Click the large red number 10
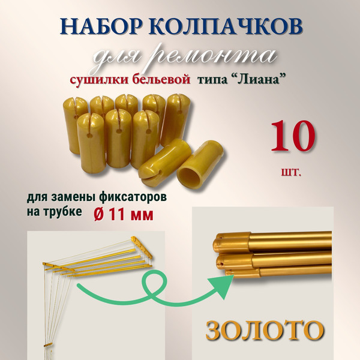click(x=293, y=137)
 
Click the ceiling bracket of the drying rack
click(x=142, y=243)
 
